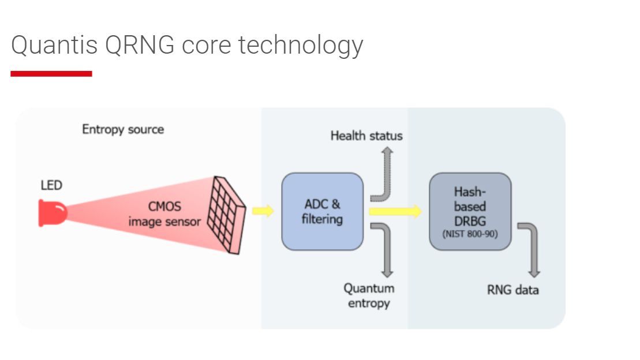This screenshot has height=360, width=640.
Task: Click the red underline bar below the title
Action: [51, 73]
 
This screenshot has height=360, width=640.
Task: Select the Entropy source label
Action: [123, 129]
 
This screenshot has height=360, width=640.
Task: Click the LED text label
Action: [51, 185]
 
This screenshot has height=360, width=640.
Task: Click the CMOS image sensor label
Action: [164, 213]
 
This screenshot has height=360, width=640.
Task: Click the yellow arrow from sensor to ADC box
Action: [263, 211]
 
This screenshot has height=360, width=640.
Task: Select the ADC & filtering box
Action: [322, 211]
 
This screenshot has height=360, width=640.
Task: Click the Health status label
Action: [366, 136]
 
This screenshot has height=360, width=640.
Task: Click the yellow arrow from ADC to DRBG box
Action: [396, 211]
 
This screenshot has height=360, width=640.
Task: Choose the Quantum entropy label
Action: [369, 295]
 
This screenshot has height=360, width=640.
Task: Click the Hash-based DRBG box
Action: [470, 211]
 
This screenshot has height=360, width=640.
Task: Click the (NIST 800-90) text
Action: [470, 234]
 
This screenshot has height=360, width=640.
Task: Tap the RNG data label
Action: [513, 290]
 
